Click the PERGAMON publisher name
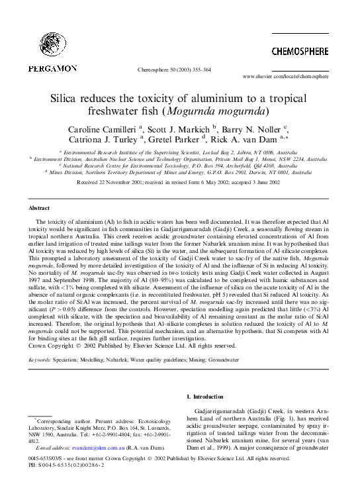coord(52,68)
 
